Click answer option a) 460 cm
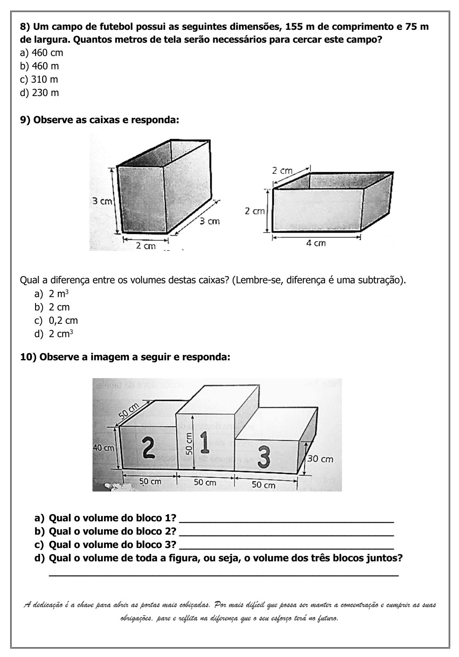(x=42, y=53)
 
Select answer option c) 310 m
(x=39, y=80)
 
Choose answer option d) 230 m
(x=40, y=93)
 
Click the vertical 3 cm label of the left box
(x=102, y=201)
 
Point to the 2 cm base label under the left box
(x=145, y=246)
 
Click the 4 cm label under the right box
(x=316, y=243)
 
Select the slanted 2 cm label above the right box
(x=283, y=170)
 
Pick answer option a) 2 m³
(x=52, y=294)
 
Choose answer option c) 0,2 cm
(x=56, y=321)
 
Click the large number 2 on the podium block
(x=149, y=447)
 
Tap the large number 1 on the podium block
(x=205, y=442)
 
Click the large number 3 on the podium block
(x=264, y=458)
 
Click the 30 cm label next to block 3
(x=320, y=459)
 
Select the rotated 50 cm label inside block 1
(x=188, y=443)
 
